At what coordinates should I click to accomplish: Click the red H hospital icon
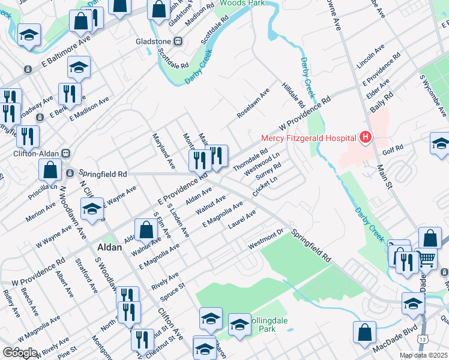365,138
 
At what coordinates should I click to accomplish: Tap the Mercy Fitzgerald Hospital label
309,138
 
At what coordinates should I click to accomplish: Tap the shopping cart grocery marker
426,259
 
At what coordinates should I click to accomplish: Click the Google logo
20,353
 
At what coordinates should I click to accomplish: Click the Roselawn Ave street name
253,102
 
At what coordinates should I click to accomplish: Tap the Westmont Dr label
265,244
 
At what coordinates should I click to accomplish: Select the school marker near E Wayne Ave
92,209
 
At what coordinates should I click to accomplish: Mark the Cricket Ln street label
265,186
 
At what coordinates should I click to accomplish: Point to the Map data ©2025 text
424,355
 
